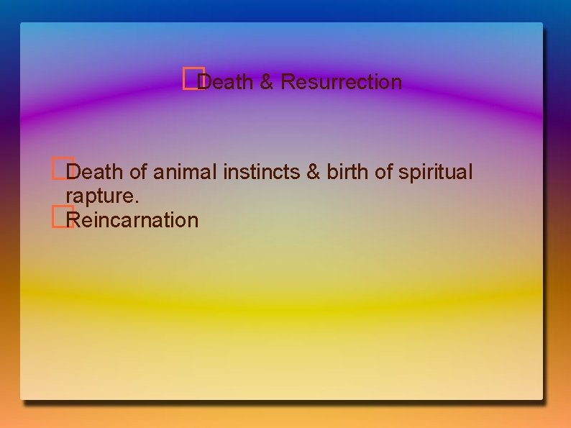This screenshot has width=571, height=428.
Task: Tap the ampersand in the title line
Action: pos(267,82)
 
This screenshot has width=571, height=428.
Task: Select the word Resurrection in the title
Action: pos(342,82)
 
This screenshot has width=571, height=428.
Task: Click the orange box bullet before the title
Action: pos(189,78)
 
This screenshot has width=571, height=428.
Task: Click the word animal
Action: pos(183,173)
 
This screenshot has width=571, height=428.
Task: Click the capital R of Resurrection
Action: pos(287,82)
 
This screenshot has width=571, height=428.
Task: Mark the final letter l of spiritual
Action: pos(470,173)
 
